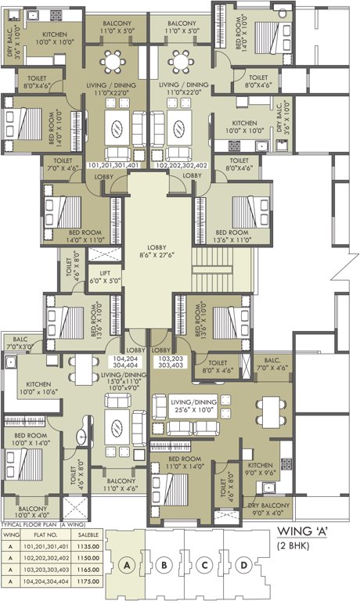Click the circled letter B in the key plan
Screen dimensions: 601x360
pos(164,564)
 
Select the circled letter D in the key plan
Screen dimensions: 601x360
pos(245,564)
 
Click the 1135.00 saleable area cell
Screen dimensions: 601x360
pos(81,548)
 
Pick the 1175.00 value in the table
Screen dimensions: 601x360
pos(81,581)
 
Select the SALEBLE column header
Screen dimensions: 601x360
pos(81,536)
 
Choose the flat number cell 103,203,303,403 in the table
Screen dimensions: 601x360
pos(42,570)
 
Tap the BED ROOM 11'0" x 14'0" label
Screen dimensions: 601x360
pos(185,462)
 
